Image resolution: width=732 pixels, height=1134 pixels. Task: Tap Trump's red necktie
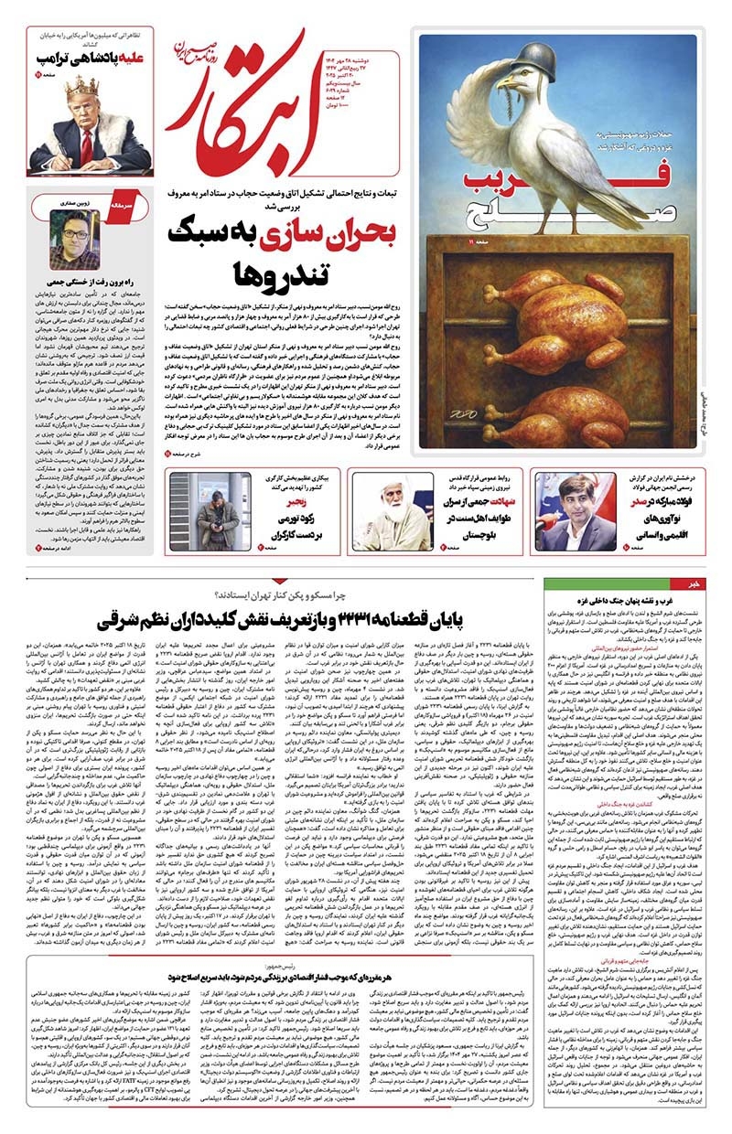tap(85, 147)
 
